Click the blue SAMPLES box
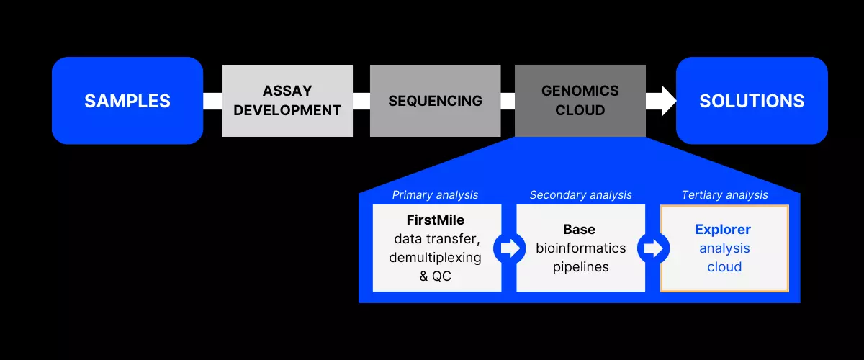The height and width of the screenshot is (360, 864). coord(127,101)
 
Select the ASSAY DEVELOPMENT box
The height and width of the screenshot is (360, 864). coord(287,101)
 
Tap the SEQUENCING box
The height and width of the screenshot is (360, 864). coord(435,101)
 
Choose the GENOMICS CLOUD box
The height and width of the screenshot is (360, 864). coord(580,101)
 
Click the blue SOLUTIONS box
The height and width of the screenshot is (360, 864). coord(752,101)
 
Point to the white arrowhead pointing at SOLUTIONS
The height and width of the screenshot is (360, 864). coord(662,101)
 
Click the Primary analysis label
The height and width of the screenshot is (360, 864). coord(435,195)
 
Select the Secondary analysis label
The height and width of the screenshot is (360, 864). coord(580,195)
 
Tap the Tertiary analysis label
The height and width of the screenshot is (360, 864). coord(724,195)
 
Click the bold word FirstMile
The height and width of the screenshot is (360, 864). coord(435,220)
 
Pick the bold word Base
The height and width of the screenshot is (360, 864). coord(580,230)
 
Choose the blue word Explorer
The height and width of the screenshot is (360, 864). coord(723,230)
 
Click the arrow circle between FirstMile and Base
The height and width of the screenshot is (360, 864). coord(509,248)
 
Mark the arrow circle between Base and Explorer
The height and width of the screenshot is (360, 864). coord(653,248)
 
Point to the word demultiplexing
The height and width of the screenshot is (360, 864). coord(435,257)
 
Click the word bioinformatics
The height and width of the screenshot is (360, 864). coord(580,248)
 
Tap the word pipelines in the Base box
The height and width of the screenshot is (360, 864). coord(580,267)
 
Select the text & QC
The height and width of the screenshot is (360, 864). coord(435,276)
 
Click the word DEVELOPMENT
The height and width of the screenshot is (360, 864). coord(287,110)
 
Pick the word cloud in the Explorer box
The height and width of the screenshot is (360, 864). coord(724,267)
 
